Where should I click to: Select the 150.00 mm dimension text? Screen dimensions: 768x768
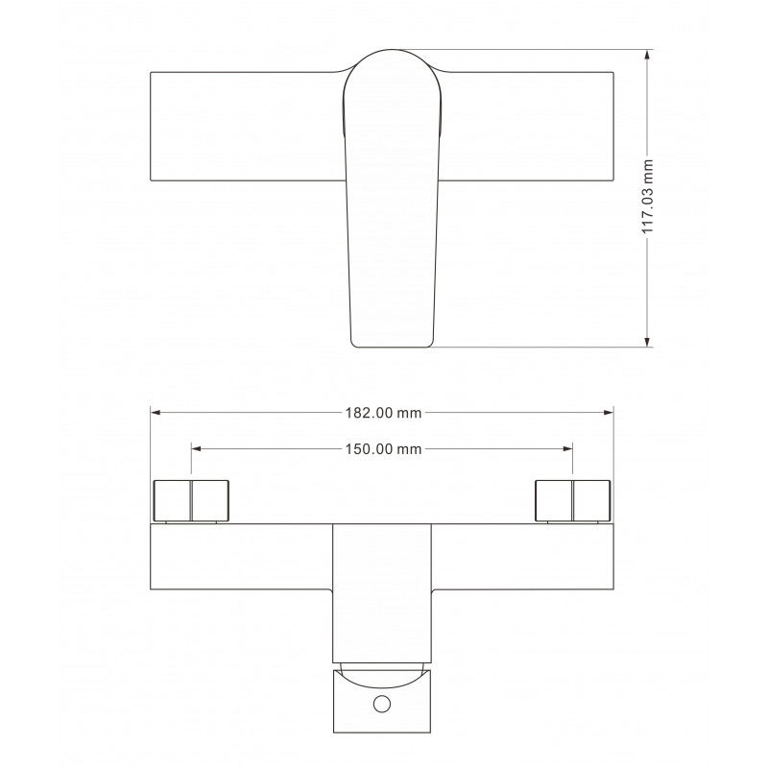(x=383, y=448)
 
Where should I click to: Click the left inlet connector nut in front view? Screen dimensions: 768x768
(x=192, y=499)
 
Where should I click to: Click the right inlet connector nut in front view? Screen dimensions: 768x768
(x=573, y=499)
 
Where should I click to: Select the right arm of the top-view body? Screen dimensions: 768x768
(x=528, y=125)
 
